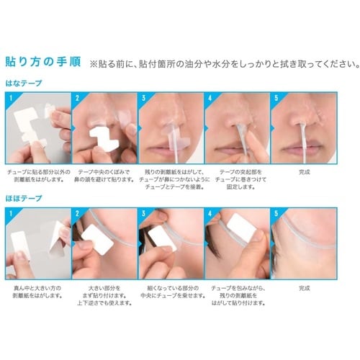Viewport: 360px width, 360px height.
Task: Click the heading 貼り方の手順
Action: coord(45,61)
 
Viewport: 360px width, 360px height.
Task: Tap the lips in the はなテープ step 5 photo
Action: coord(302,152)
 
